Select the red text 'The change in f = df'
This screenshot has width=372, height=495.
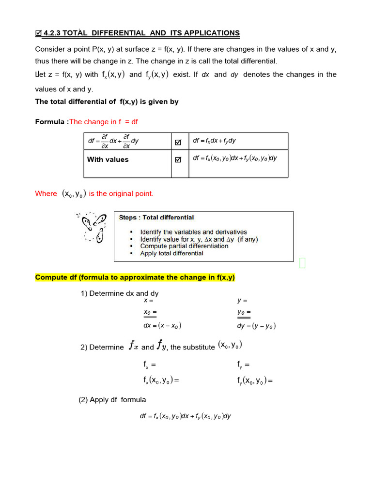pos(104,122)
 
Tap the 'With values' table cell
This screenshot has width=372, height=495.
pos(108,160)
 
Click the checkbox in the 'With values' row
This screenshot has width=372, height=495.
pos(178,160)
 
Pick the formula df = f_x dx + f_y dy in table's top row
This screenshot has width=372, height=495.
pos(215,141)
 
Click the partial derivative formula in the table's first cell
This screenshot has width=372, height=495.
pos(113,141)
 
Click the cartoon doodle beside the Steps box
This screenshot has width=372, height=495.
pos(92,227)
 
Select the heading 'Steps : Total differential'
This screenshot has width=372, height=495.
pos(156,218)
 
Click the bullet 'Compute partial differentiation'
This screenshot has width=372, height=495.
pos(184,246)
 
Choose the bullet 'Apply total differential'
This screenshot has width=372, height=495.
pos(171,253)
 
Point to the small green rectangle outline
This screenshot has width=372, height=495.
pos(302,262)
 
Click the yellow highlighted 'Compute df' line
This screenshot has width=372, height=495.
pos(135,277)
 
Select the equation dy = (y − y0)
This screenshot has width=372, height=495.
pos(256,326)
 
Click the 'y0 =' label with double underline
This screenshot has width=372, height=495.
pos(244,312)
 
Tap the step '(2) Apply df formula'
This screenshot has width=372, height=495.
pos(112,400)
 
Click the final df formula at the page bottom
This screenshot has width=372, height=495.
pos(186,416)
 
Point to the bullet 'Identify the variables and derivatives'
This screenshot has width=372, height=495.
pos(193,232)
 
